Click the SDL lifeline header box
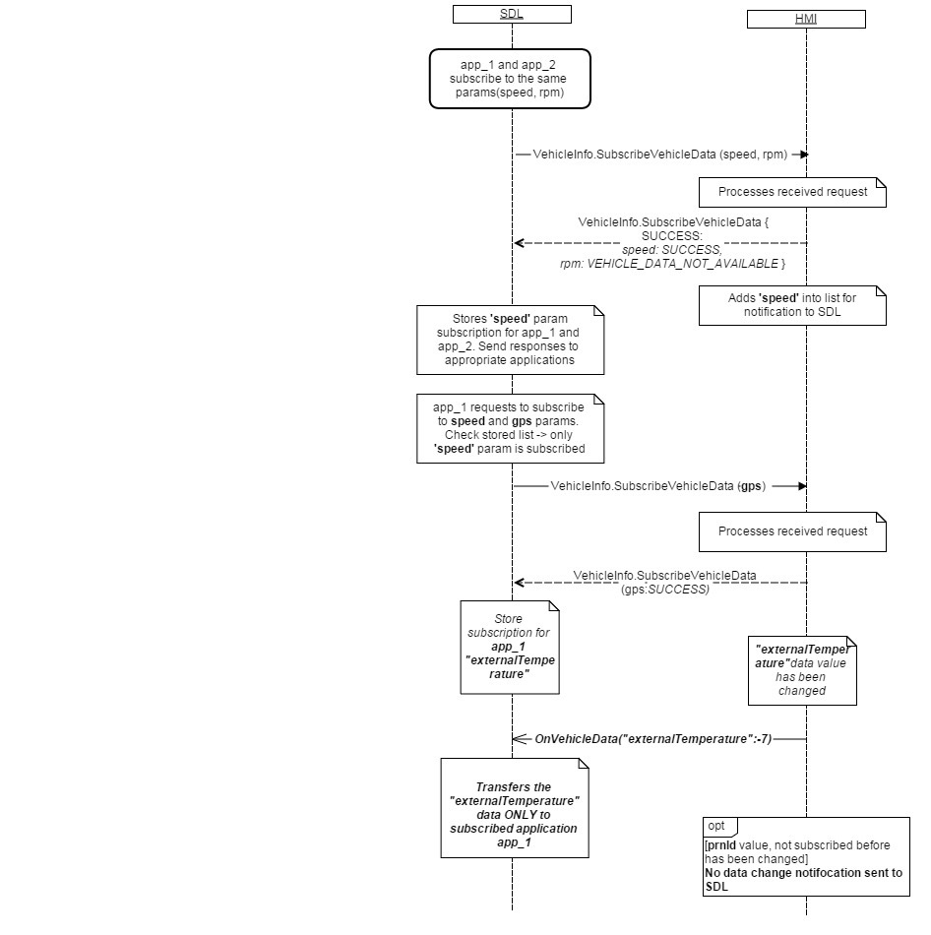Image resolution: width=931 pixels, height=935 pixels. pyautogui.click(x=512, y=14)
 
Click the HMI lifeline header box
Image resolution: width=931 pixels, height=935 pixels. pyautogui.click(x=805, y=19)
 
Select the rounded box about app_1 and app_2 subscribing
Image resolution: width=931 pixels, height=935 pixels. pyautogui.click(x=511, y=78)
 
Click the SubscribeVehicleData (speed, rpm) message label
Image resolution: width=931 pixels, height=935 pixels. pyautogui.click(x=659, y=155)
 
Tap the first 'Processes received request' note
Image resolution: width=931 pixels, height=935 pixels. pyautogui.click(x=792, y=192)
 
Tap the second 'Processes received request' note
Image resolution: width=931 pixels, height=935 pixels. pyautogui.click(x=792, y=531)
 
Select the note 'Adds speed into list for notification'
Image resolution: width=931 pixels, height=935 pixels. pyautogui.click(x=792, y=304)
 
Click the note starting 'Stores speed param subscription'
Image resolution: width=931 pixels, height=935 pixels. pyautogui.click(x=510, y=340)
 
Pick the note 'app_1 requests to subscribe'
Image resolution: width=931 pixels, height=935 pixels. pyautogui.click(x=510, y=428)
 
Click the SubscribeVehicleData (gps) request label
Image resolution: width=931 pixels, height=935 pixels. pyautogui.click(x=657, y=486)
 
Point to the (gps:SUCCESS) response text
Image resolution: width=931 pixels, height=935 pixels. pyautogui.click(x=664, y=590)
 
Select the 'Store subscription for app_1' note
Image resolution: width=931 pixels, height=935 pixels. pyautogui.click(x=510, y=647)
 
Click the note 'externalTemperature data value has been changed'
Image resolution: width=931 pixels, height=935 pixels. pyautogui.click(x=801, y=670)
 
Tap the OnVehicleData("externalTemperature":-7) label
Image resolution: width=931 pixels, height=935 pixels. pyautogui.click(x=652, y=738)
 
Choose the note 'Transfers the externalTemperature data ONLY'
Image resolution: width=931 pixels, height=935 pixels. pyautogui.click(x=514, y=808)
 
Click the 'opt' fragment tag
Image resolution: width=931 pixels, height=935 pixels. pyautogui.click(x=718, y=826)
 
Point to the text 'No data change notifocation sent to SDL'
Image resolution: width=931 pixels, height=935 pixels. pyautogui.click(x=803, y=880)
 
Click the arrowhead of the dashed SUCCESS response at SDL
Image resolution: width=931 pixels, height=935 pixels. pyautogui.click(x=519, y=243)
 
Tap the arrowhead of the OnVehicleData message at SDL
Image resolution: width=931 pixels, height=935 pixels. pyautogui.click(x=519, y=738)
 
